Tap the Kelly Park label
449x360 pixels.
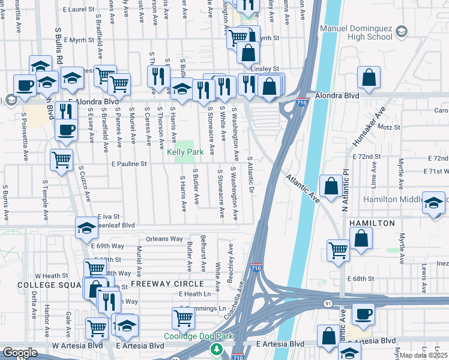tap(185, 152)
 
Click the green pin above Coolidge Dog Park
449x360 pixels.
tap(215, 347)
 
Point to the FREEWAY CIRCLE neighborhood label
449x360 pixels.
tap(155, 283)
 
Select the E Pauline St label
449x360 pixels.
tap(129, 163)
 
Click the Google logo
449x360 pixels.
tap(19, 353)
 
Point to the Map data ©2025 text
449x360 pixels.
tap(424, 355)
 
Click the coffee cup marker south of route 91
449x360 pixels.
tap(363, 313)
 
